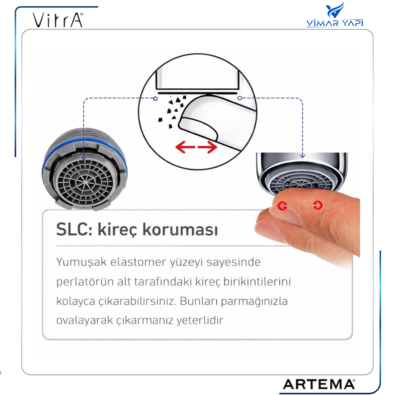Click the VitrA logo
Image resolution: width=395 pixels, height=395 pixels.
pos(58,20)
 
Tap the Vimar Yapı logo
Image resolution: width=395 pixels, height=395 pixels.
pos(335,14)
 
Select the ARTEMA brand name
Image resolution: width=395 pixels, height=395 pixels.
pos(319,384)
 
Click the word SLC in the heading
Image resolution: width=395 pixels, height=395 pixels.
pos(74,229)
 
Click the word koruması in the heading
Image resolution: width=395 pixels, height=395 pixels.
pos(180,229)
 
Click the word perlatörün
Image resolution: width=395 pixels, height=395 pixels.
pos(85,282)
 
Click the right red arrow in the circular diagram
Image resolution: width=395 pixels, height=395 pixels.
pos(207,147)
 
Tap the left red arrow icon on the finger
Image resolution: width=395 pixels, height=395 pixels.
pos(282,206)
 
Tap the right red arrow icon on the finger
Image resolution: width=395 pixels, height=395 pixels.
pos(318,205)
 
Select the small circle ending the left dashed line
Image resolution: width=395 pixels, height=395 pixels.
pos(155,98)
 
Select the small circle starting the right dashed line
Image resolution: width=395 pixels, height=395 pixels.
pos(240,98)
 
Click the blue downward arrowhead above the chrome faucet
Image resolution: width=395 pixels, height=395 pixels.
pos(303,156)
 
